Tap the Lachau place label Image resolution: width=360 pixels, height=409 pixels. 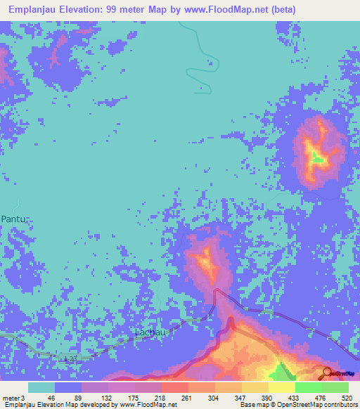click(149, 332)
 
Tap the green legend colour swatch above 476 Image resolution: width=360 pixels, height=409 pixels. click(309, 387)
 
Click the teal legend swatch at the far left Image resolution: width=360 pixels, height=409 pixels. click(41, 387)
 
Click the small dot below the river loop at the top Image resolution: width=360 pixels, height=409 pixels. click(202, 89)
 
